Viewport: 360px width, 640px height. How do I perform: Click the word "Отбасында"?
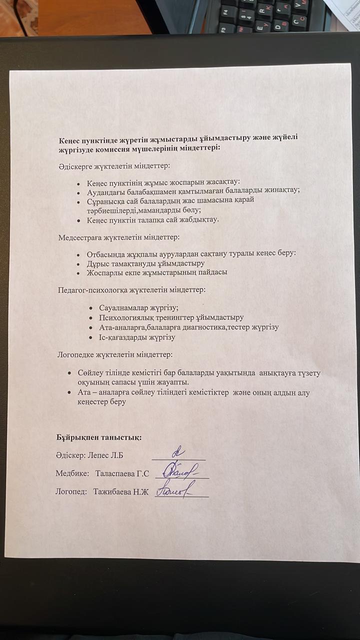coord(106,253)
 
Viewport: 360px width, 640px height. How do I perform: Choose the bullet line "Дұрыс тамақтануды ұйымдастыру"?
coord(145,263)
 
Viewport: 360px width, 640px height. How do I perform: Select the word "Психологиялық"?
coord(117,317)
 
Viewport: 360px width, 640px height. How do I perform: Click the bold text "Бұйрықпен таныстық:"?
coord(99,437)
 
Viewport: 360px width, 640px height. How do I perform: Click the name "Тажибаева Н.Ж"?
coord(121,491)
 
